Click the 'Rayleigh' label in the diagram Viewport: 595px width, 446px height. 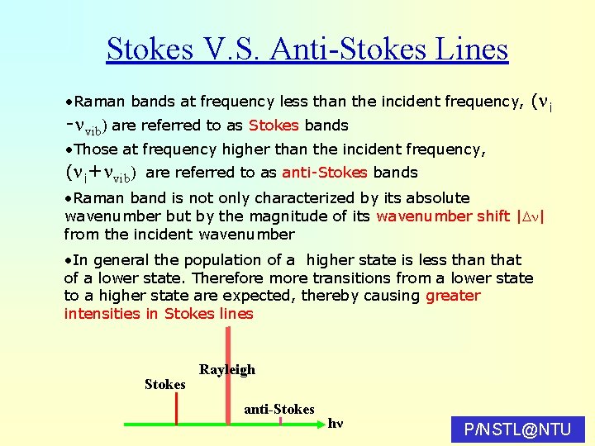(227, 369)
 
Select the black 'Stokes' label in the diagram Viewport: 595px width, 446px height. (164, 384)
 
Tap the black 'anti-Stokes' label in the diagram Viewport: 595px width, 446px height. (278, 409)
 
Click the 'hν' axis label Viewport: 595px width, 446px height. (335, 424)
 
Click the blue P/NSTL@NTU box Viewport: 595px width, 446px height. (518, 429)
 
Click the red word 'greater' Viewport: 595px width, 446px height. (452, 296)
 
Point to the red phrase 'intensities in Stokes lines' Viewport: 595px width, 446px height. (158, 313)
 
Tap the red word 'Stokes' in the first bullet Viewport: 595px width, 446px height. (274, 126)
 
